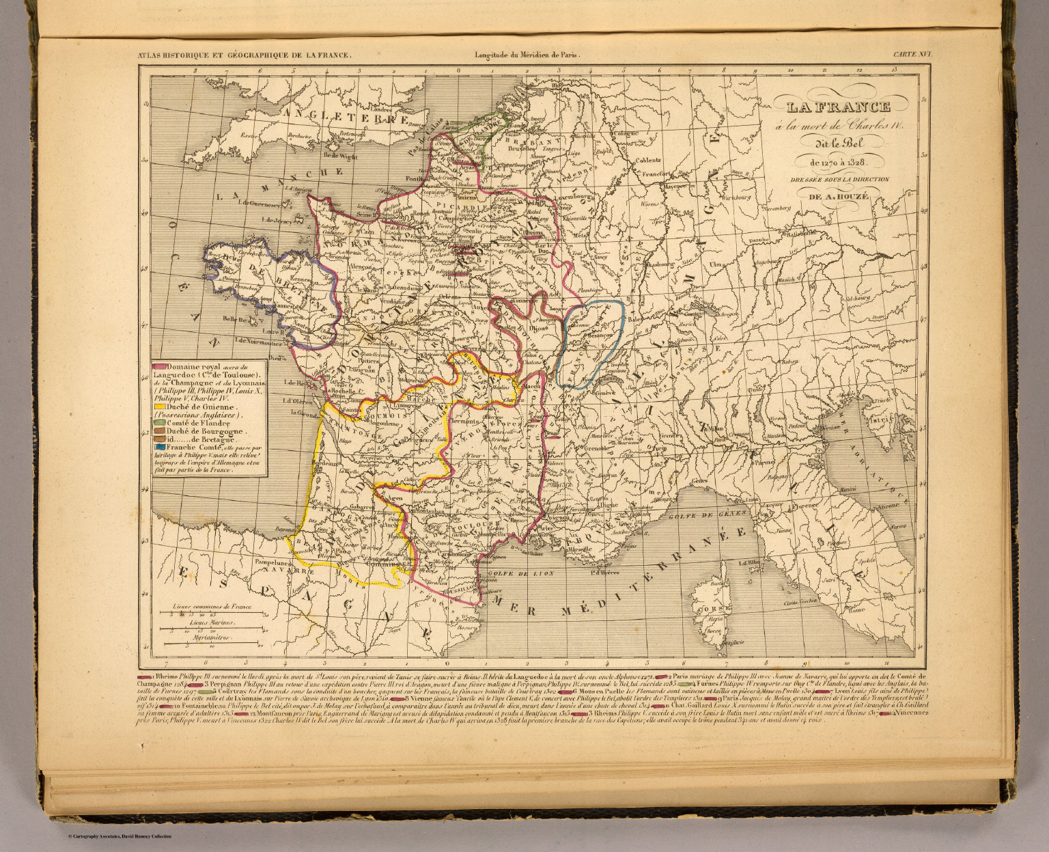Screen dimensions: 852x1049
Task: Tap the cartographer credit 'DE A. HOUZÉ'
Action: [838, 197]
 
